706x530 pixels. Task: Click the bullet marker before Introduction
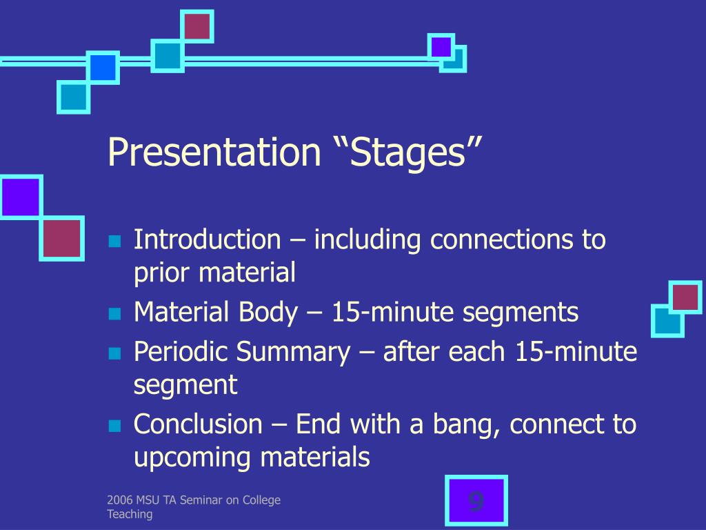[x=114, y=242]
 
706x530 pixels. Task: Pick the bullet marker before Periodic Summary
[x=114, y=354]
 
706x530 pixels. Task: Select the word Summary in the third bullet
[x=294, y=352]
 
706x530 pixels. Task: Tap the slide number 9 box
[x=476, y=501]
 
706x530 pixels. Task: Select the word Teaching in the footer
[x=130, y=514]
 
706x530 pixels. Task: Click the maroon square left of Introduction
[x=62, y=239]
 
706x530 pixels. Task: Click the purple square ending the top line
[x=441, y=47]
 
